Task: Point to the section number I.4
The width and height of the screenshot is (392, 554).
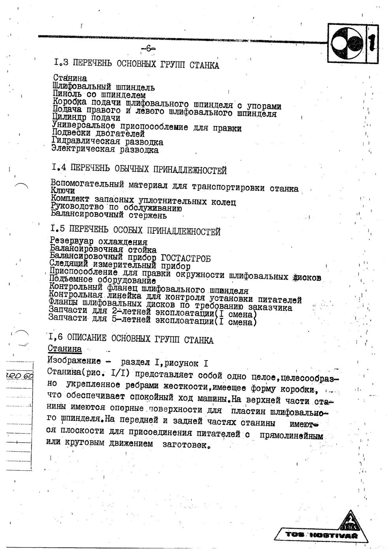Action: click(x=58, y=168)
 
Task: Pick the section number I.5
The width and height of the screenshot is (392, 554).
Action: click(x=58, y=229)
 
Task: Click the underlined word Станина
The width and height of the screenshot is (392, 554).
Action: click(x=65, y=349)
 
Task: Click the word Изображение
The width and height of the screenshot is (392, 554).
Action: click(x=75, y=361)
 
